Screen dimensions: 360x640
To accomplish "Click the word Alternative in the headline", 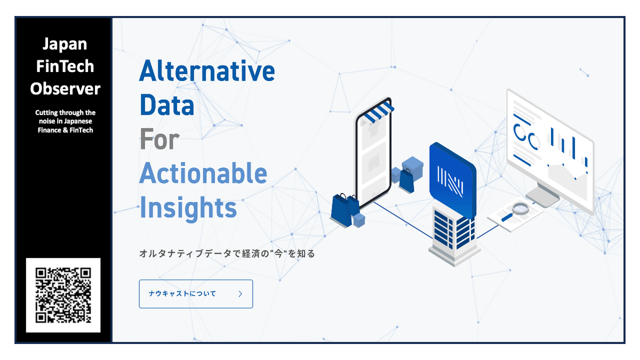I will tap(207, 71).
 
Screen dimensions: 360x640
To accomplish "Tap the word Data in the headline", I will tap(166, 105).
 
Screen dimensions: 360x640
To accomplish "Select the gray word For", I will tap(159, 140).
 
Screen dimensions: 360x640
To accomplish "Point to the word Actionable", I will tap(203, 174).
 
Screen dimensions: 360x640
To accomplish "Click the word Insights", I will tap(188, 208).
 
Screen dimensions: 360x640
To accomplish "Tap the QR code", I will tap(63, 295).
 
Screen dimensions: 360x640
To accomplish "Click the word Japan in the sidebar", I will tap(65, 44).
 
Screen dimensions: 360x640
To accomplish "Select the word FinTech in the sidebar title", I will tap(65, 66).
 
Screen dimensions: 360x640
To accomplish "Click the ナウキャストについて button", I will tap(196, 294).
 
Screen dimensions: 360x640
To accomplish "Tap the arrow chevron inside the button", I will tap(241, 294).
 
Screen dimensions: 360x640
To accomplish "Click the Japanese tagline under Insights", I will tap(227, 254).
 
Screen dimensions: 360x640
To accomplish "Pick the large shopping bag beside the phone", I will tap(341, 209).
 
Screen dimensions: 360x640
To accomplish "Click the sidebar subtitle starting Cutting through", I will tap(65, 121).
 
